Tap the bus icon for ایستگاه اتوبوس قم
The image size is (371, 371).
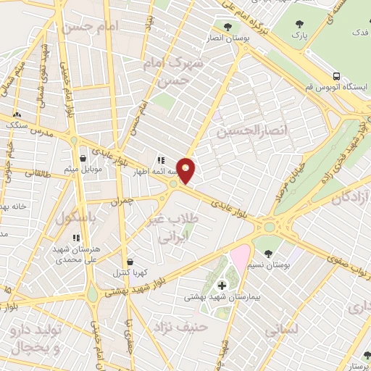[x=336, y=77]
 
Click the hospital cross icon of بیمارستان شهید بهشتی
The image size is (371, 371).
[x=222, y=285]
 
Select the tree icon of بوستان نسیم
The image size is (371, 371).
[x=270, y=253]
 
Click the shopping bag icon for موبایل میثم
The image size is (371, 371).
[x=83, y=158]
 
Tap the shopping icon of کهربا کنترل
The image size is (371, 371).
[x=130, y=262]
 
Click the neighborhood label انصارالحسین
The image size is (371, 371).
[x=247, y=131]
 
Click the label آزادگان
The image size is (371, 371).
[x=349, y=196]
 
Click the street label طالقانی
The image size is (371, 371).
[x=34, y=173]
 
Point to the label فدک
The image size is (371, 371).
[x=358, y=33]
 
